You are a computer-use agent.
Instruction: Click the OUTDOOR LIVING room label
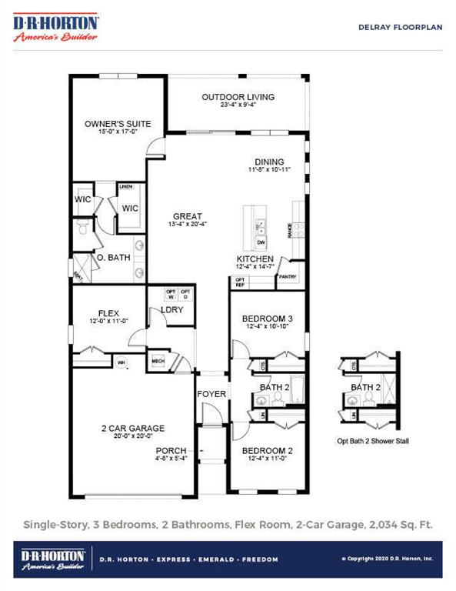click(238, 97)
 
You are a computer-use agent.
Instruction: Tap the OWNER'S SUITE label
click(118, 123)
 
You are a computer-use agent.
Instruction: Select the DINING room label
click(261, 162)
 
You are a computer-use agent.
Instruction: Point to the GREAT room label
click(188, 216)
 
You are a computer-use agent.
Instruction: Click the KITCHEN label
click(255, 259)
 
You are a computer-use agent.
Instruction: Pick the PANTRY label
click(288, 276)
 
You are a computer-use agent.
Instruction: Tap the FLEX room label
click(108, 313)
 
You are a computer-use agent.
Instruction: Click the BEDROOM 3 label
click(267, 319)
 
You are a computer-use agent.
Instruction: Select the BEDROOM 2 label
click(267, 451)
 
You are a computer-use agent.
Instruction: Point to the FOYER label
click(211, 394)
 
